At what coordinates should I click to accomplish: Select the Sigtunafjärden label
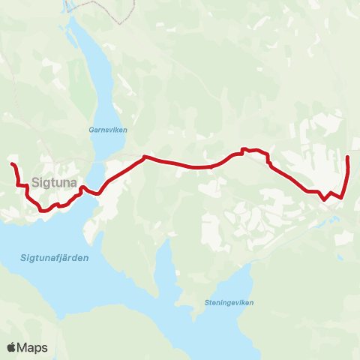tap(50, 258)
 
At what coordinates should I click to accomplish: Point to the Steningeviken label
tap(228, 302)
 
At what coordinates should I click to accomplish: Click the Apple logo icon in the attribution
tap(12, 347)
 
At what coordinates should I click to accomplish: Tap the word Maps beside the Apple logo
tap(33, 347)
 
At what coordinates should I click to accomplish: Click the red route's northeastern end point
tap(348, 157)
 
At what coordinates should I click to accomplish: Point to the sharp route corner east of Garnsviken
tap(144, 157)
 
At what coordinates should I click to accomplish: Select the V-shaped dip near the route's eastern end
tap(323, 200)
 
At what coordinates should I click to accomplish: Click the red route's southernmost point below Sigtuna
tap(43, 211)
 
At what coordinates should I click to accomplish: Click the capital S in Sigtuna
tap(36, 181)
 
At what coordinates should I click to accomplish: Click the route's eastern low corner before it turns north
tap(342, 197)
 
